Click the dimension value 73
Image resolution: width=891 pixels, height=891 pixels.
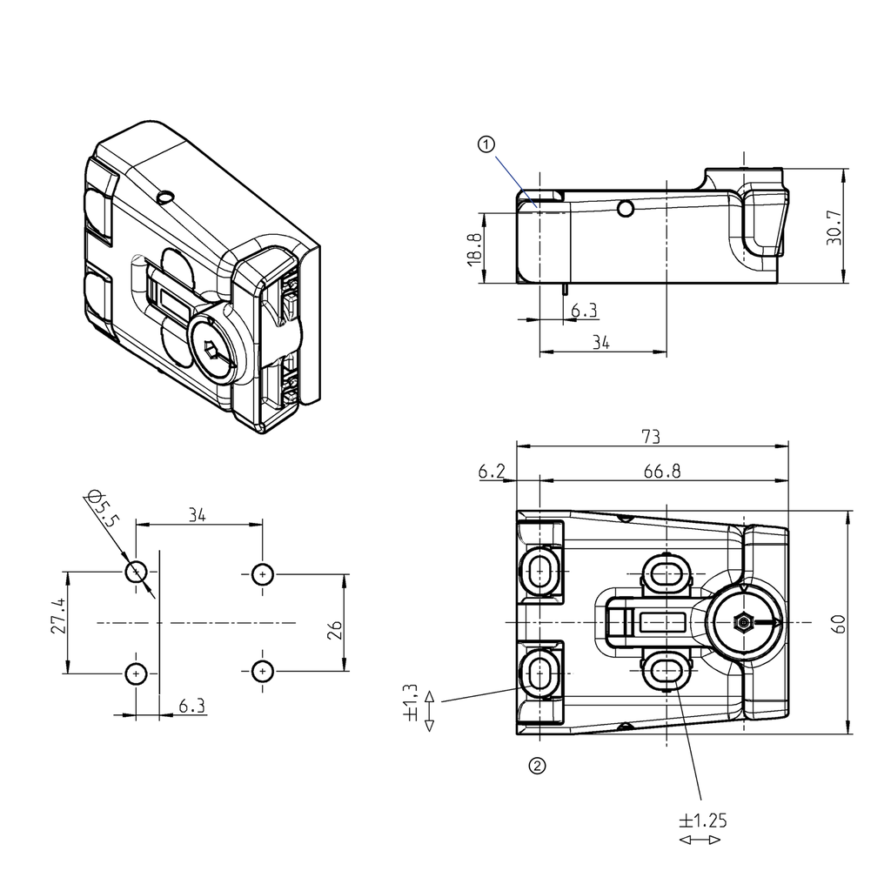651,435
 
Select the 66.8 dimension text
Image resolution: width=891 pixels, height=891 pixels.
662,471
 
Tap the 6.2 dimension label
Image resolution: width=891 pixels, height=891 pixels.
492,471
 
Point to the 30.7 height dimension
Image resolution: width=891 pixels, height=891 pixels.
834,227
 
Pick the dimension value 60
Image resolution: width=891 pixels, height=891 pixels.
838,623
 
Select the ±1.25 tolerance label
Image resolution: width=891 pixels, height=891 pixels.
702,820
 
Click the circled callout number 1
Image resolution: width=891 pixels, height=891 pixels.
486,144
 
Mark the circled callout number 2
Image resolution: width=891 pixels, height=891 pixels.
538,766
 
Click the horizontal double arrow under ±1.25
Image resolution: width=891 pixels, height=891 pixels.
700,840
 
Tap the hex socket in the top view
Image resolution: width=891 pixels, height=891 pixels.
742,623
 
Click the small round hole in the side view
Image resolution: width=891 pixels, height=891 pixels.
625,209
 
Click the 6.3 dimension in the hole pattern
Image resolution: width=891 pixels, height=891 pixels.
191,706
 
